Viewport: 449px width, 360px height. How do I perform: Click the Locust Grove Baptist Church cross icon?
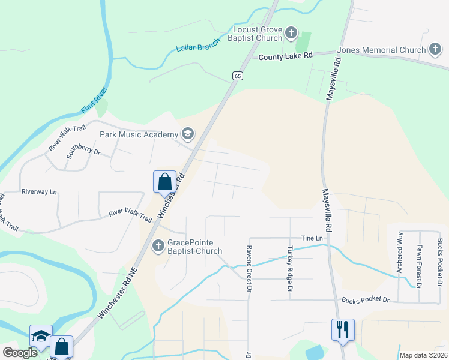[x=291, y=32]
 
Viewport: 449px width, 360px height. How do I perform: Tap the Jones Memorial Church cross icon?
[x=436, y=50]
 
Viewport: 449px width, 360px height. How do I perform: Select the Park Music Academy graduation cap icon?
[x=188, y=134]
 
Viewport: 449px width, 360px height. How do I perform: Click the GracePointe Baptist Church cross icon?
[x=158, y=245]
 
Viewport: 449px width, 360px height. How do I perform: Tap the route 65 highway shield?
[x=238, y=75]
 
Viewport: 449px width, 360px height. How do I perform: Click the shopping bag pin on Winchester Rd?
[x=164, y=181]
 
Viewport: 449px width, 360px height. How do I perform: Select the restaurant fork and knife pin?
[x=343, y=329]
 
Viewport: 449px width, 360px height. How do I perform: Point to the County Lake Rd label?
[x=286, y=56]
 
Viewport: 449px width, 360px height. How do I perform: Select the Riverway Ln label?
[x=39, y=192]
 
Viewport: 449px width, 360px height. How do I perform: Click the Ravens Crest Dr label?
[x=247, y=269]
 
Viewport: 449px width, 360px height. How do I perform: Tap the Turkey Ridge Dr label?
[x=289, y=269]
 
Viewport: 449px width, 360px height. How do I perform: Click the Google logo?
[x=20, y=353]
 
